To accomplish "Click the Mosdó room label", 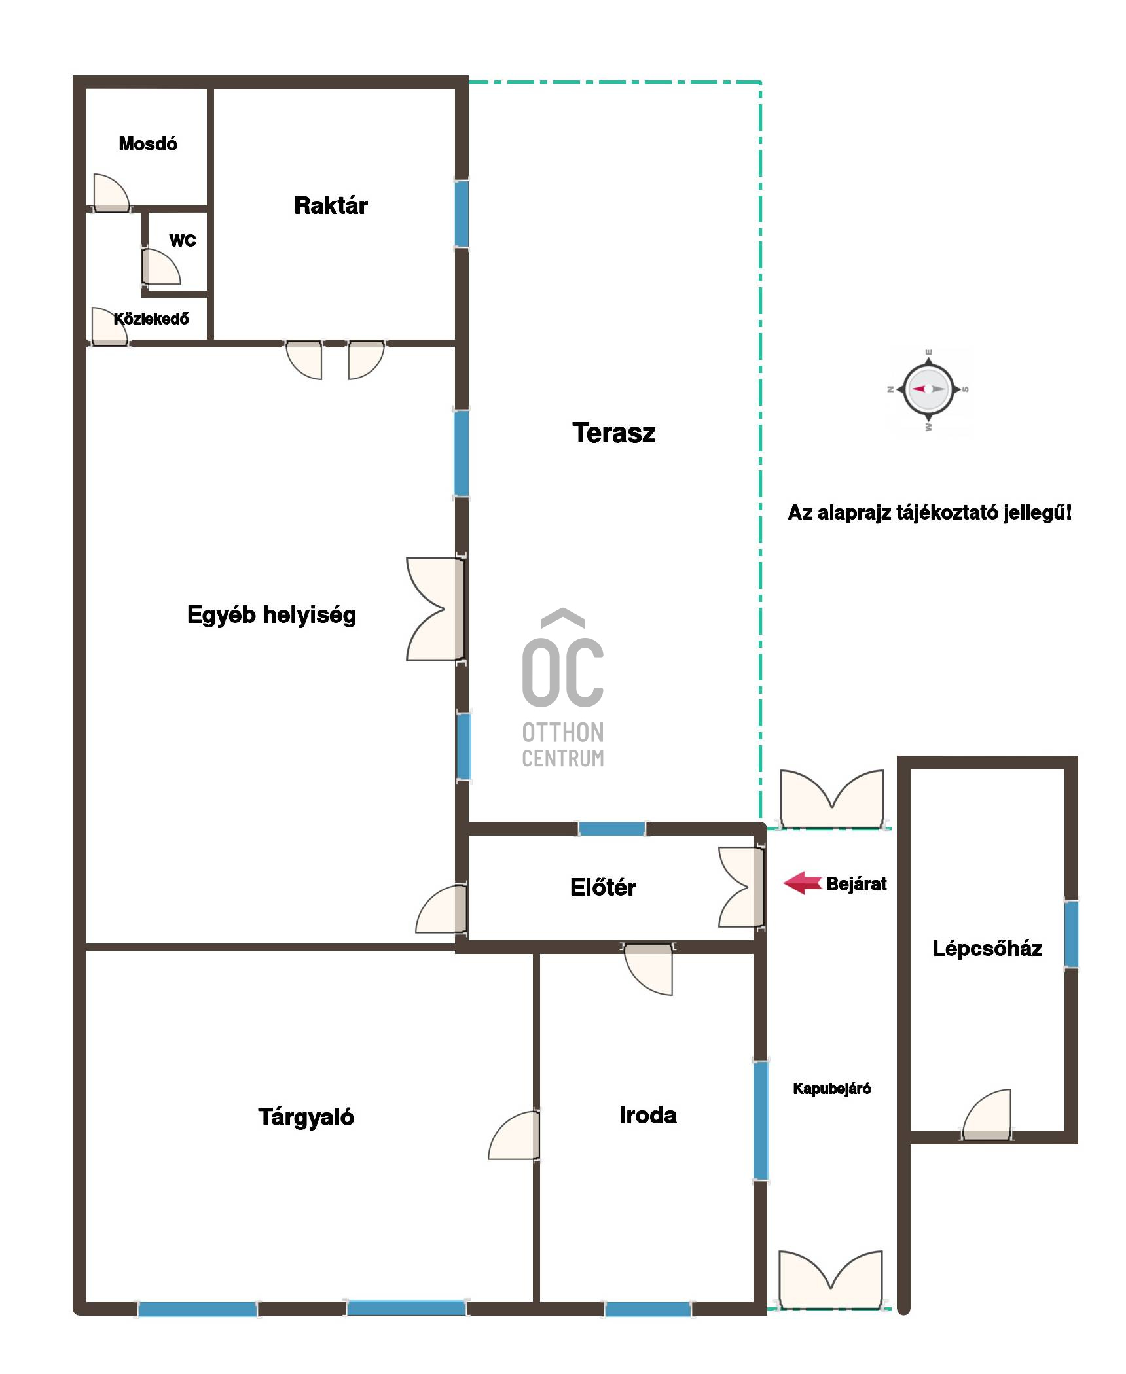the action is coord(148,144).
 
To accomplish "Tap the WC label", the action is coord(183,241).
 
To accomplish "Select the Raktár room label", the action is coord(331,205).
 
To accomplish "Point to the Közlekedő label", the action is coord(151,319).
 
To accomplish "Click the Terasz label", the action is coord(614,432).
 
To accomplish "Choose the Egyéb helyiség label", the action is coord(272,615).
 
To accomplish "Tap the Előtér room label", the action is coord(603,887).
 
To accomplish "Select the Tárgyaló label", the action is coord(306,1116).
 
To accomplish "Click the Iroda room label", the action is coord(648,1115).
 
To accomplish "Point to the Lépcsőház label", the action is coord(987,948).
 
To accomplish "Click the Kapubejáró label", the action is coord(832,1089).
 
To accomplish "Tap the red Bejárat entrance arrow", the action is coord(803,883).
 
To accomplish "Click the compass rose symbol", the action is coord(928,389).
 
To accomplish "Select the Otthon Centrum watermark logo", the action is coord(563,688).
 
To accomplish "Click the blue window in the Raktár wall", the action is coord(462,213).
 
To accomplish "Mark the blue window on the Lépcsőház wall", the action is coord(1071,934).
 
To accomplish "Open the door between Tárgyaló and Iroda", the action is coord(515,1136).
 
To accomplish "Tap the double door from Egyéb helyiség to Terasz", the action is coord(435,609).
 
